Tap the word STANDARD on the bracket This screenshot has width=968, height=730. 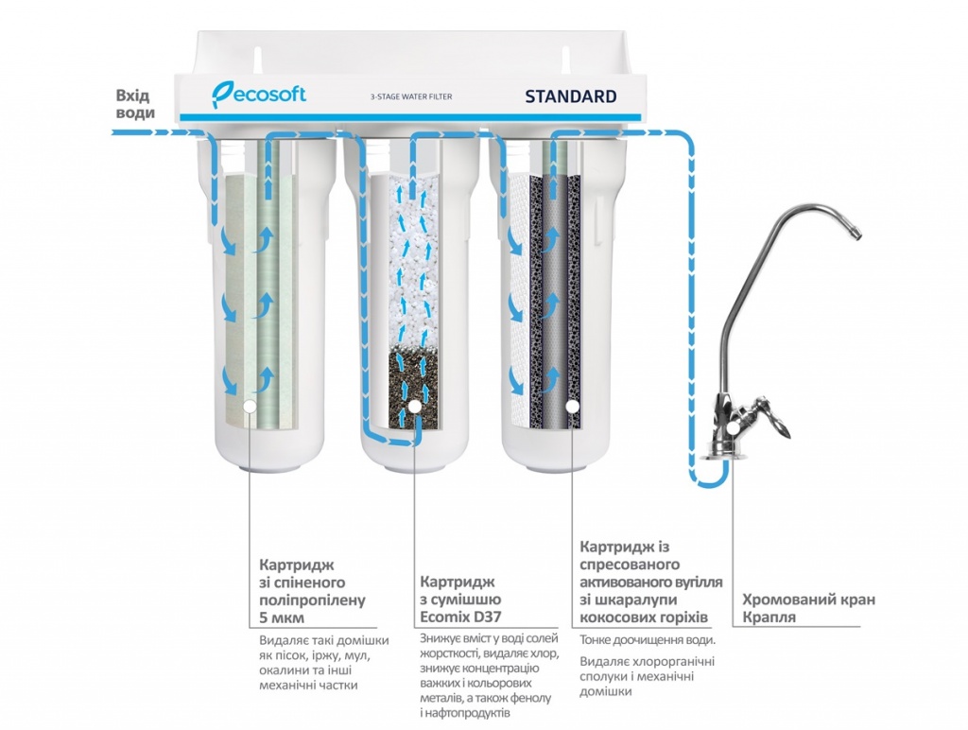click(x=570, y=96)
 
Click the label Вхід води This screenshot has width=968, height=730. click(x=133, y=104)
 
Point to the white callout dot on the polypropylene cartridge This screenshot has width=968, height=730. click(x=250, y=408)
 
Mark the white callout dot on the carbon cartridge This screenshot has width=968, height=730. click(x=572, y=408)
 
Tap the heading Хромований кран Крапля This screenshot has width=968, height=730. click(x=808, y=608)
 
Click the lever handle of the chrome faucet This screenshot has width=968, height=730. click(x=778, y=422)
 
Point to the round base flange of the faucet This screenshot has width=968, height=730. click(x=728, y=453)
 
